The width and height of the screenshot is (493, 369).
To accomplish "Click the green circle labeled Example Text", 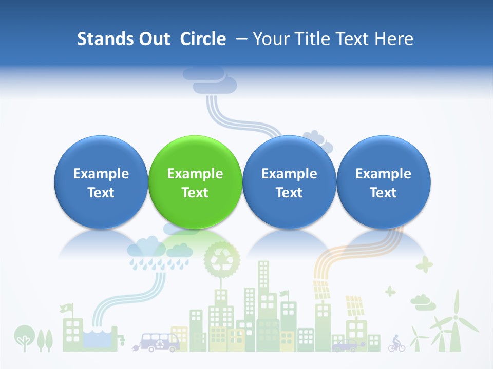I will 195,182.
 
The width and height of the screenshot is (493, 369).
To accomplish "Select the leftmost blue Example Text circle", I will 101,182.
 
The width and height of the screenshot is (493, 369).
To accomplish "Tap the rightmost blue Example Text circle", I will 383,182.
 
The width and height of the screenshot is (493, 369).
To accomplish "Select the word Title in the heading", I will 309,39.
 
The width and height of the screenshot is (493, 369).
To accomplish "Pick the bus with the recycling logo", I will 160,341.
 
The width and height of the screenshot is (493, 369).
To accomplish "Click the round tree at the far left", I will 23,336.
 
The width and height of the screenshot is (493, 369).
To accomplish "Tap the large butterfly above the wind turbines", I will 424,265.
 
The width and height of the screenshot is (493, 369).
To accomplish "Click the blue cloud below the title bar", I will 210,79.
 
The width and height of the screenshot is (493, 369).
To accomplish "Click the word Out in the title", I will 154,39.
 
